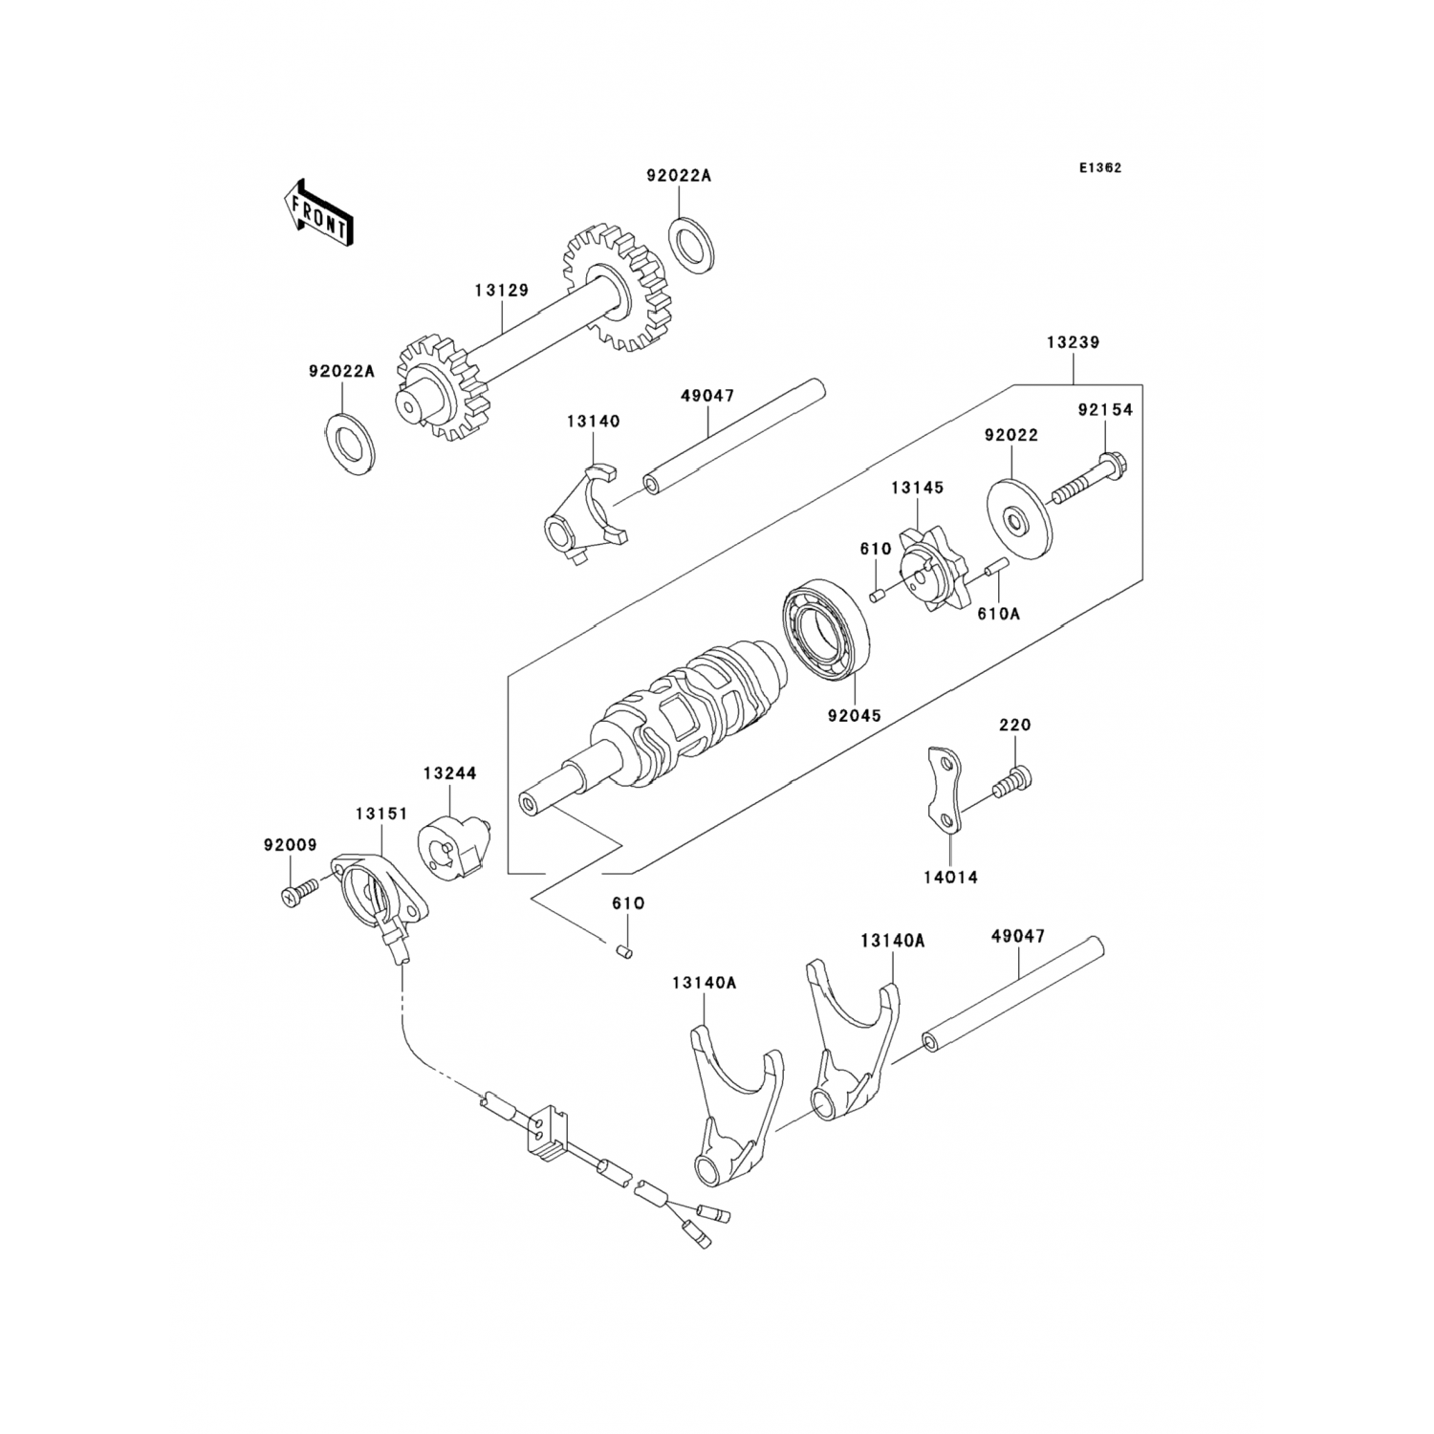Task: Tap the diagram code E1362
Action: [x=1100, y=167]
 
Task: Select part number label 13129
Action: [x=501, y=290]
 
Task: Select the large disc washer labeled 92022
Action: [x=1017, y=522]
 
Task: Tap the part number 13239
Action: [x=1072, y=342]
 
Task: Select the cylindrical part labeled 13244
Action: [x=451, y=844]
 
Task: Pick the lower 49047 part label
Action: [x=1017, y=936]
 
